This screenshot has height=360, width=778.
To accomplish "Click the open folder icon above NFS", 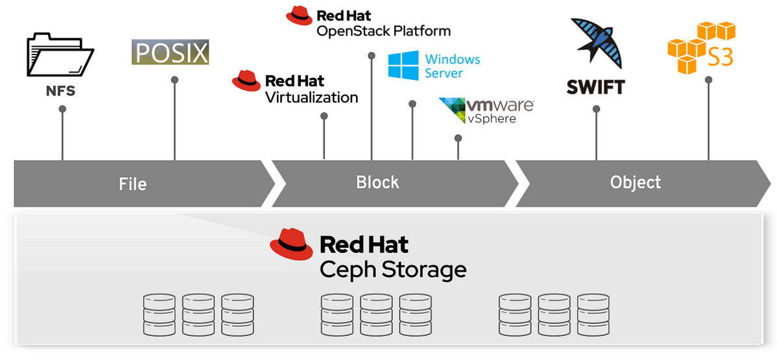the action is coord(60,54).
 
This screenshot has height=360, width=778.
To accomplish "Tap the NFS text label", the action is coord(60,91).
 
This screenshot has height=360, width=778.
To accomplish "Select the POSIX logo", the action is coord(170,52).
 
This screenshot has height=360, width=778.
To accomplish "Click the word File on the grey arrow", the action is coord(133,184).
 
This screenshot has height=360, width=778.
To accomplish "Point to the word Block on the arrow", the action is coord(377,182).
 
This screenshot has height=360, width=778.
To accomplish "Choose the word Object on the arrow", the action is coord(635,182).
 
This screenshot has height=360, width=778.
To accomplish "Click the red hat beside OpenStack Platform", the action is coord(299,16).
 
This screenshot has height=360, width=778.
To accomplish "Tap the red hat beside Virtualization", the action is coord(246,80).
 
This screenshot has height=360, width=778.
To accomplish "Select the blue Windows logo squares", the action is coord(403,66).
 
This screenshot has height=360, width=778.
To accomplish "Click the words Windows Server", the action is coord(453,66).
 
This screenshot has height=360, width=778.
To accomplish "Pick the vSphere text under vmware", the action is coord(491,119).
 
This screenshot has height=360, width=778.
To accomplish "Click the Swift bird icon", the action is coord(596,43).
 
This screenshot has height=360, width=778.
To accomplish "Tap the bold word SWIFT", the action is coord(596,87).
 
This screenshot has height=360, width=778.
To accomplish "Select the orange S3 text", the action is coord(720,57).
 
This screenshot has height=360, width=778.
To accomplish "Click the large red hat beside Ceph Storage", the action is coord(291,245).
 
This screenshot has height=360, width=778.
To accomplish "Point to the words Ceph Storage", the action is coord(393,270).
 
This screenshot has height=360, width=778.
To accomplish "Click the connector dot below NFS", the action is coord(62,109).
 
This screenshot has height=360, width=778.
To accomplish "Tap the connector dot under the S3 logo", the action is coord(709,80).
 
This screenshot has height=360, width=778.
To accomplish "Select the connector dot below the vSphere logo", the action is coord(458,138).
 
